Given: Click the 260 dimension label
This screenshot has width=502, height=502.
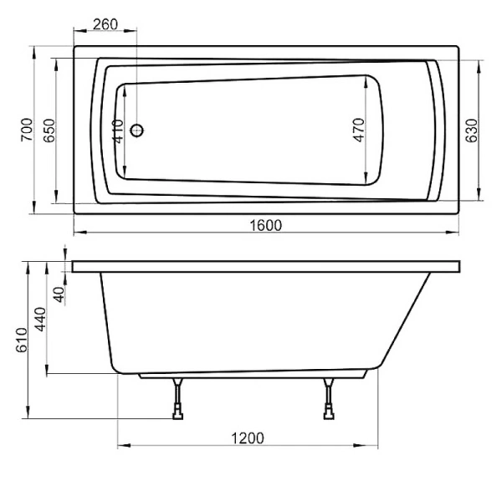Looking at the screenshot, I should click(x=104, y=24).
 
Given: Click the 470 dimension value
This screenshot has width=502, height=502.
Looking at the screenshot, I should click(x=359, y=131).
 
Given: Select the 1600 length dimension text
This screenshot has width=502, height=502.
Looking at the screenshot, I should click(x=266, y=224).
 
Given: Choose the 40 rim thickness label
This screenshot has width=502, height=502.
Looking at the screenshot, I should click(x=59, y=294).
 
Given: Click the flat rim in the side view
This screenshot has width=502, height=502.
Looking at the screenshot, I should click(x=266, y=266).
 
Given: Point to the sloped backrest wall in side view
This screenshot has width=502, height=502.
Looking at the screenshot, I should click(x=407, y=318).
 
